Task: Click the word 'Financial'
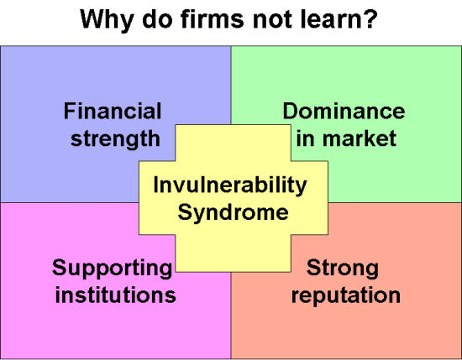pos(113,111)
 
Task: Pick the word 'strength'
pos(116,139)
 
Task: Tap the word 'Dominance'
pos(344,111)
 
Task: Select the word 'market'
pos(360,138)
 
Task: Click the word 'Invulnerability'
pos(230,185)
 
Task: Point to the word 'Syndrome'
pos(233,212)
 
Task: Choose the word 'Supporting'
pos(113,269)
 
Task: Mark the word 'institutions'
pos(116,295)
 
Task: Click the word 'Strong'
pos(343,269)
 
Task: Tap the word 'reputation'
pos(346,295)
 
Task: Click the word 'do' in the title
pos(157,19)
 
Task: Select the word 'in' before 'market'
pos(306,138)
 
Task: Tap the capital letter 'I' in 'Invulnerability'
pos(156,185)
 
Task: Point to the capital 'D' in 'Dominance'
pos(291,111)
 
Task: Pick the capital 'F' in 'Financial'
pos(70,111)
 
